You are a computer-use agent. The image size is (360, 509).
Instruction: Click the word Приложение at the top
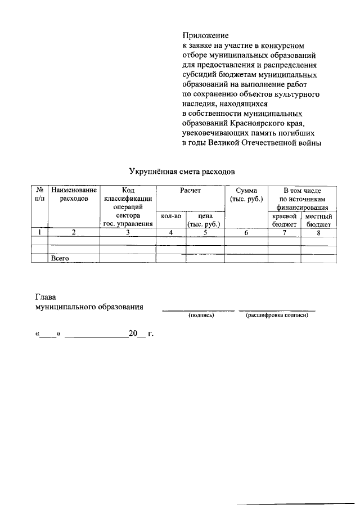coord(206,35)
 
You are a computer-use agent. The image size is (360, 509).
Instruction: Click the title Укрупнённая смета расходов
coord(180,169)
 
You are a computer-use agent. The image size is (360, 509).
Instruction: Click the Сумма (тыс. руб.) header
coord(246,196)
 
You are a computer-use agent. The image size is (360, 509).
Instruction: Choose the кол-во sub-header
coord(170,216)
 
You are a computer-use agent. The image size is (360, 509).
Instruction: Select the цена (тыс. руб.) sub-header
coord(204,220)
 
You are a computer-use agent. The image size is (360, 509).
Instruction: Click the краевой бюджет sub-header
coord(284,220)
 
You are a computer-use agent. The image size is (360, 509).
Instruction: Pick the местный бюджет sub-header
coord(318,220)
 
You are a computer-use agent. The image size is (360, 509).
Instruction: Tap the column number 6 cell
coord(246,232)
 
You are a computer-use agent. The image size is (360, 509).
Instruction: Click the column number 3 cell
coord(128,232)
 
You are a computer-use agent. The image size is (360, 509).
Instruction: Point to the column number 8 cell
coord(318,232)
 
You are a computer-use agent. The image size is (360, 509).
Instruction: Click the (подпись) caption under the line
coord(200,316)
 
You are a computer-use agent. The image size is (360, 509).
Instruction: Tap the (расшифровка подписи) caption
coord(276,316)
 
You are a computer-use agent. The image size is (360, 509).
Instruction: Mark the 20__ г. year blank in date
coord(141,334)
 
